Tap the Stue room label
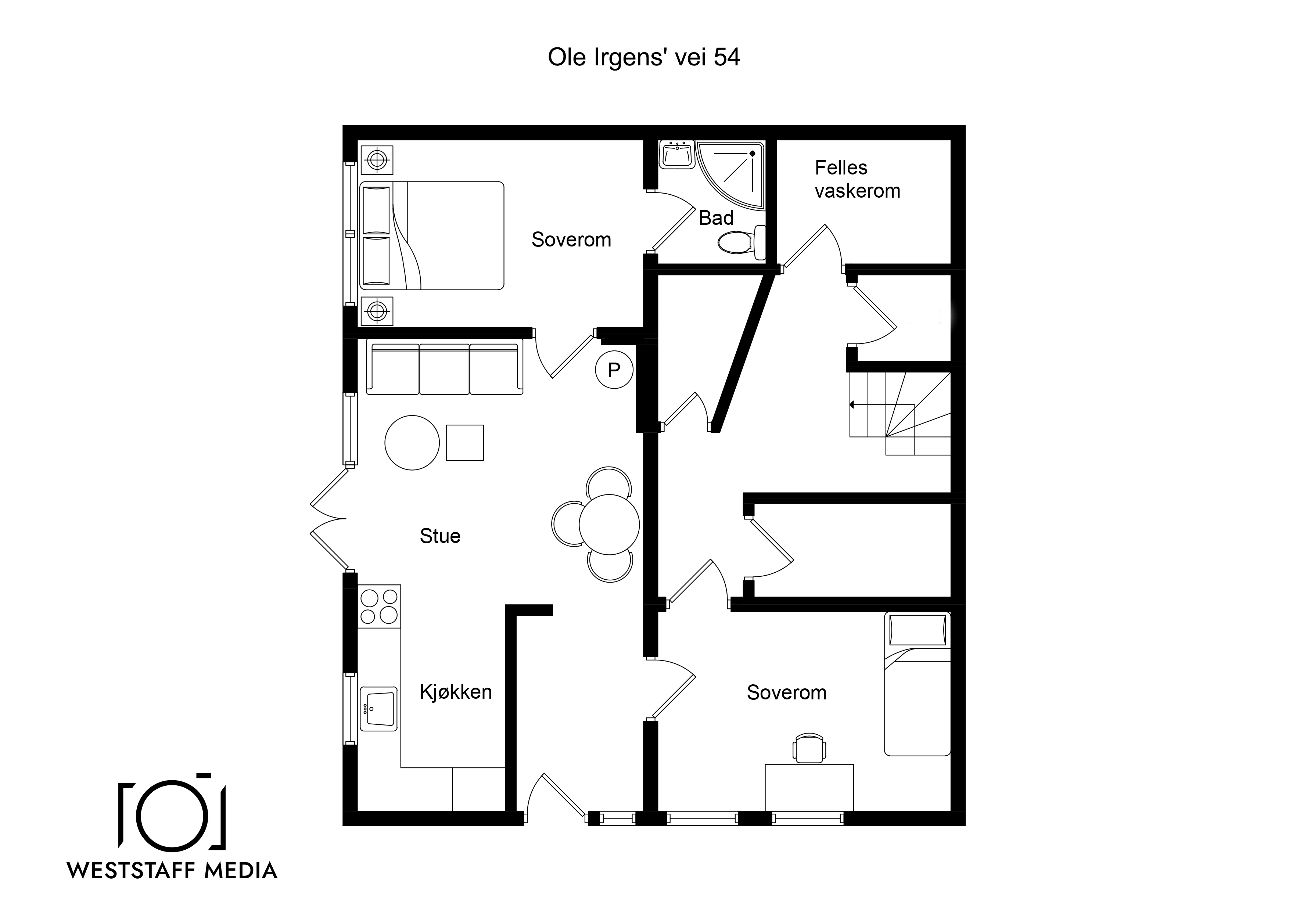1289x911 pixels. (x=440, y=536)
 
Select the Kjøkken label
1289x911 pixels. (x=456, y=692)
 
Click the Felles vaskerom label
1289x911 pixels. (x=857, y=179)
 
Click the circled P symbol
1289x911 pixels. (x=614, y=370)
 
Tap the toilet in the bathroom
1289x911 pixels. (x=741, y=242)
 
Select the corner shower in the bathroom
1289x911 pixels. (x=730, y=174)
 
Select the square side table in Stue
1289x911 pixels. (x=465, y=443)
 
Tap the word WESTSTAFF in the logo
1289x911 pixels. (x=132, y=871)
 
